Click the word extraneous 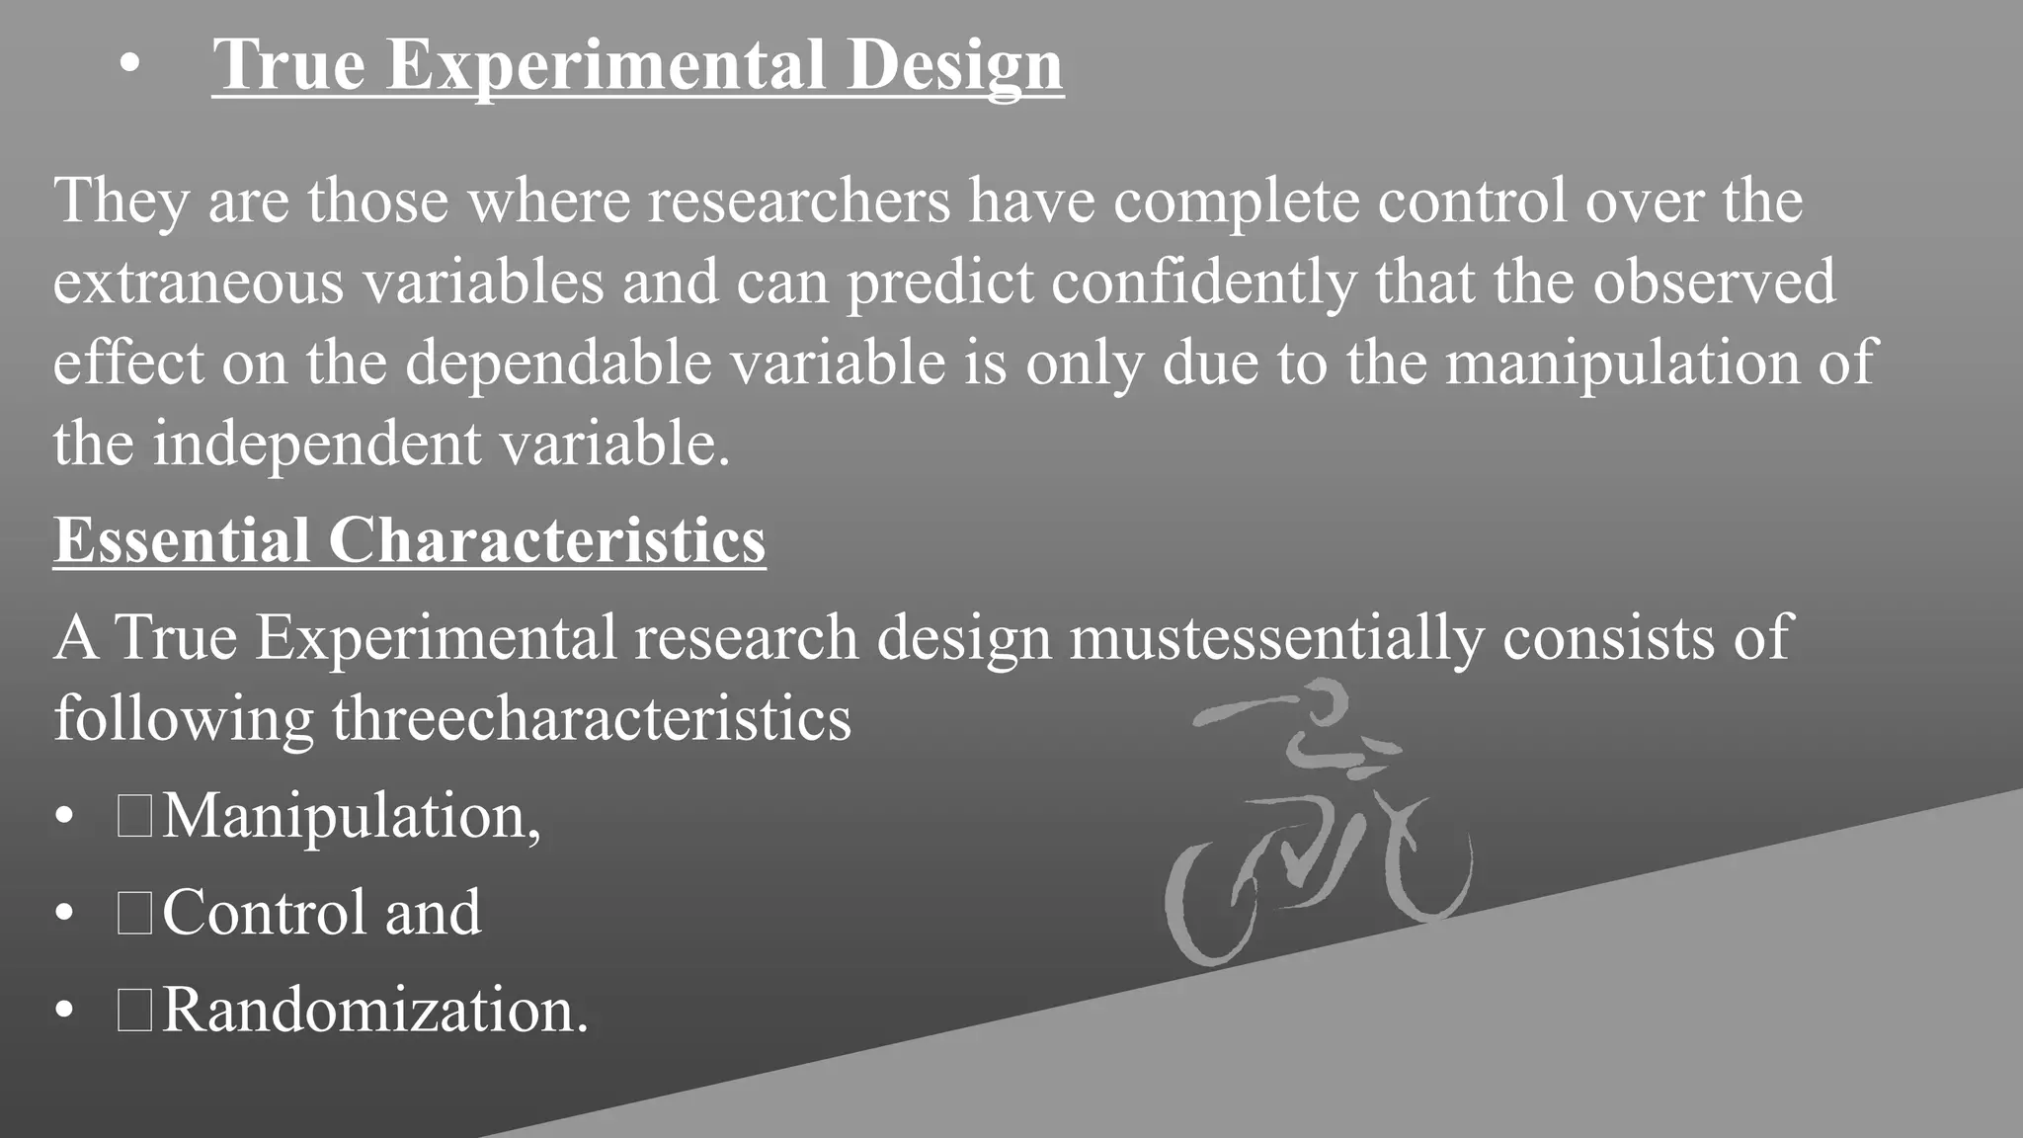coord(198,282)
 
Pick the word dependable coord(558,363)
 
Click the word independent coord(315,444)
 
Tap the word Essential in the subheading coord(182,540)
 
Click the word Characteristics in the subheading coord(546,540)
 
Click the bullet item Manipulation coord(351,817)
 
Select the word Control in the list coord(265,912)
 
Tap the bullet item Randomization coord(374,1011)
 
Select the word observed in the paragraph coord(1714,282)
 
